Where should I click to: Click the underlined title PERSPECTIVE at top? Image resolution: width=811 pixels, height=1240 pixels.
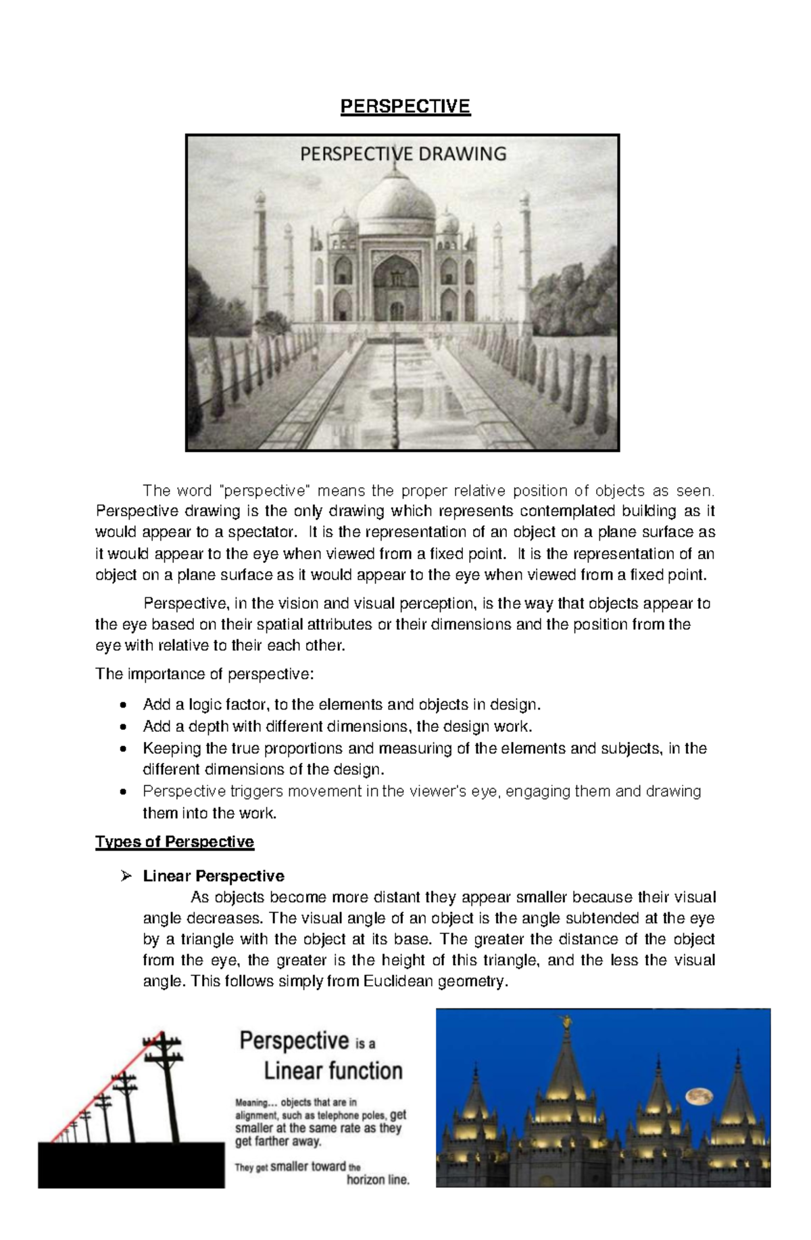(x=405, y=107)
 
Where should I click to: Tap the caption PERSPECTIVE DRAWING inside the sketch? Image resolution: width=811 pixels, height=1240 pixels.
(x=403, y=154)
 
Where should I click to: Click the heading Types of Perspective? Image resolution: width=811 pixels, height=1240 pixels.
(x=174, y=841)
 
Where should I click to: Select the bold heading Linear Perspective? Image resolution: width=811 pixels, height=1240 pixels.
(x=214, y=876)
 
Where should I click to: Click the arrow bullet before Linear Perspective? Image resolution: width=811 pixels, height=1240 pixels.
(x=125, y=876)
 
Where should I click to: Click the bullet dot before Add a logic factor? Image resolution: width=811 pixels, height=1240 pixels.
(x=122, y=705)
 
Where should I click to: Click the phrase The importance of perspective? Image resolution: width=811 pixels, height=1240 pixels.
(x=204, y=674)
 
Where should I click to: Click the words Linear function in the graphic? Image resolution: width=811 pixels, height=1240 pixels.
(x=333, y=1071)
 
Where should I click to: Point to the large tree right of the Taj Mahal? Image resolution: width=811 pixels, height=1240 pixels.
(x=574, y=297)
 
